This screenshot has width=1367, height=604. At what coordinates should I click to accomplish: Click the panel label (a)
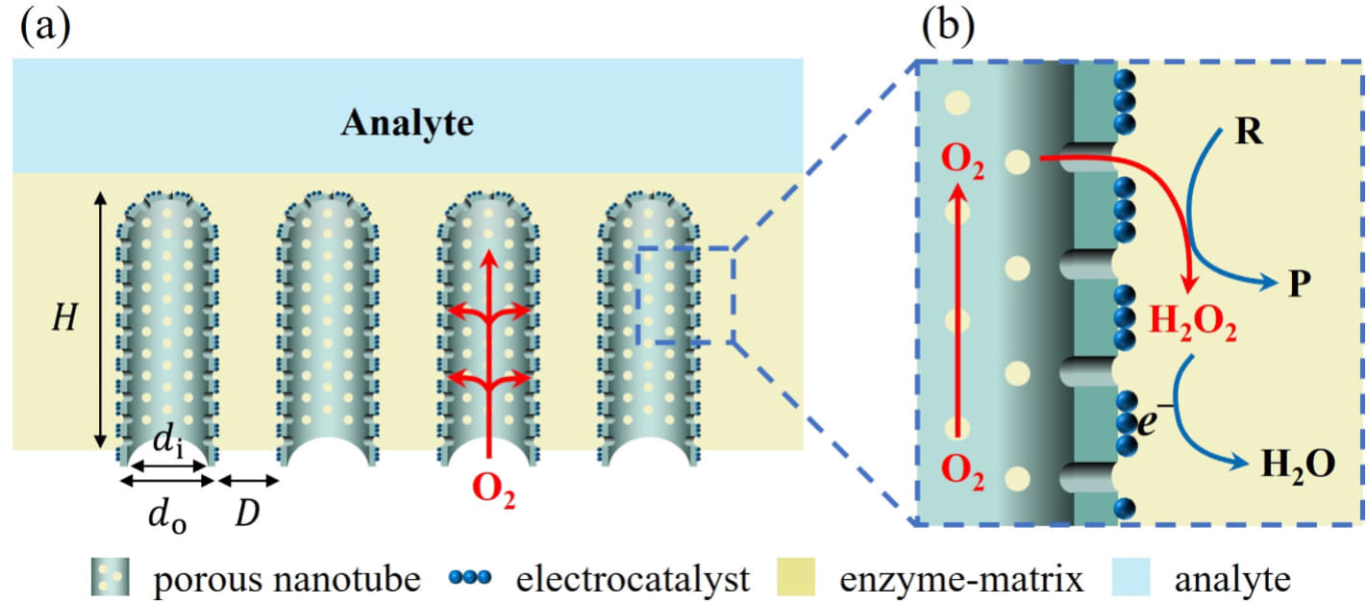[x=44, y=27]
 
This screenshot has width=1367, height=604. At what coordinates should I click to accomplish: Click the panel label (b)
[x=947, y=27]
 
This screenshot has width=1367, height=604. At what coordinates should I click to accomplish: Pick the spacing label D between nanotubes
[x=249, y=514]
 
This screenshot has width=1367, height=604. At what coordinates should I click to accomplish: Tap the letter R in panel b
[x=1249, y=132]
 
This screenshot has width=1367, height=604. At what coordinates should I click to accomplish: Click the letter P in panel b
[x=1299, y=284]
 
